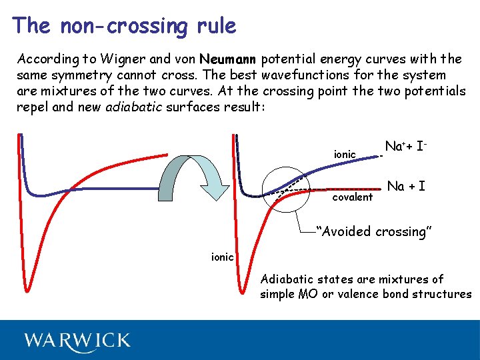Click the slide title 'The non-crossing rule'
[x=124, y=26]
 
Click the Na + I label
[x=406, y=186]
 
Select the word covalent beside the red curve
[x=353, y=197]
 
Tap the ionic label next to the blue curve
[x=345, y=155]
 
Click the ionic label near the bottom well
[x=222, y=256]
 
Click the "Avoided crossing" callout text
[x=375, y=232]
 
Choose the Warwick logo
[x=77, y=340]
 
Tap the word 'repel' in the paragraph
[x=32, y=107]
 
